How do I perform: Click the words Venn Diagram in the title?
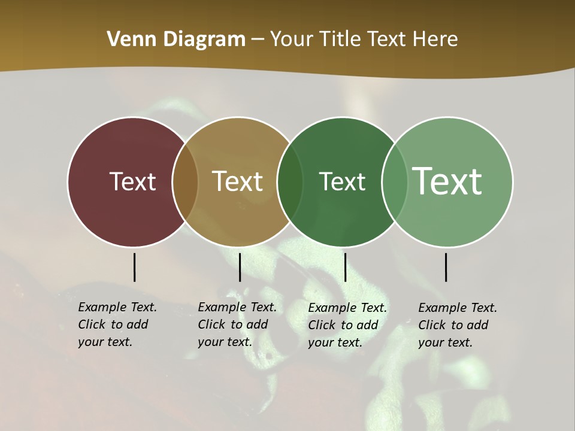(x=176, y=39)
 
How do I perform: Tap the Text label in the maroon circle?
(x=132, y=181)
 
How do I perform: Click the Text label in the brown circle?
(x=238, y=181)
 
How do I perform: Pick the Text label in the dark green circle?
(x=342, y=181)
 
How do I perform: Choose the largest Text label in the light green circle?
(x=447, y=181)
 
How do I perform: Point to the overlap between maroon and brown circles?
(x=185, y=181)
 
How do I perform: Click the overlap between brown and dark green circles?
(x=290, y=181)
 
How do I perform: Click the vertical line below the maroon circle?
(x=134, y=267)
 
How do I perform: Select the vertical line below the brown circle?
(x=240, y=267)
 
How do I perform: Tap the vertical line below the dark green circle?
(x=345, y=267)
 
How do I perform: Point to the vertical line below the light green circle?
(x=446, y=267)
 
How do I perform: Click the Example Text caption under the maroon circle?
(x=117, y=324)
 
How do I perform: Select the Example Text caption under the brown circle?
(x=237, y=324)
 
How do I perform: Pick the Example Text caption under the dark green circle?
(x=347, y=325)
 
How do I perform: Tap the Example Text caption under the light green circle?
(x=457, y=325)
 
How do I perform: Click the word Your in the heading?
(x=292, y=39)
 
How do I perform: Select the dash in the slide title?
(x=258, y=40)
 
